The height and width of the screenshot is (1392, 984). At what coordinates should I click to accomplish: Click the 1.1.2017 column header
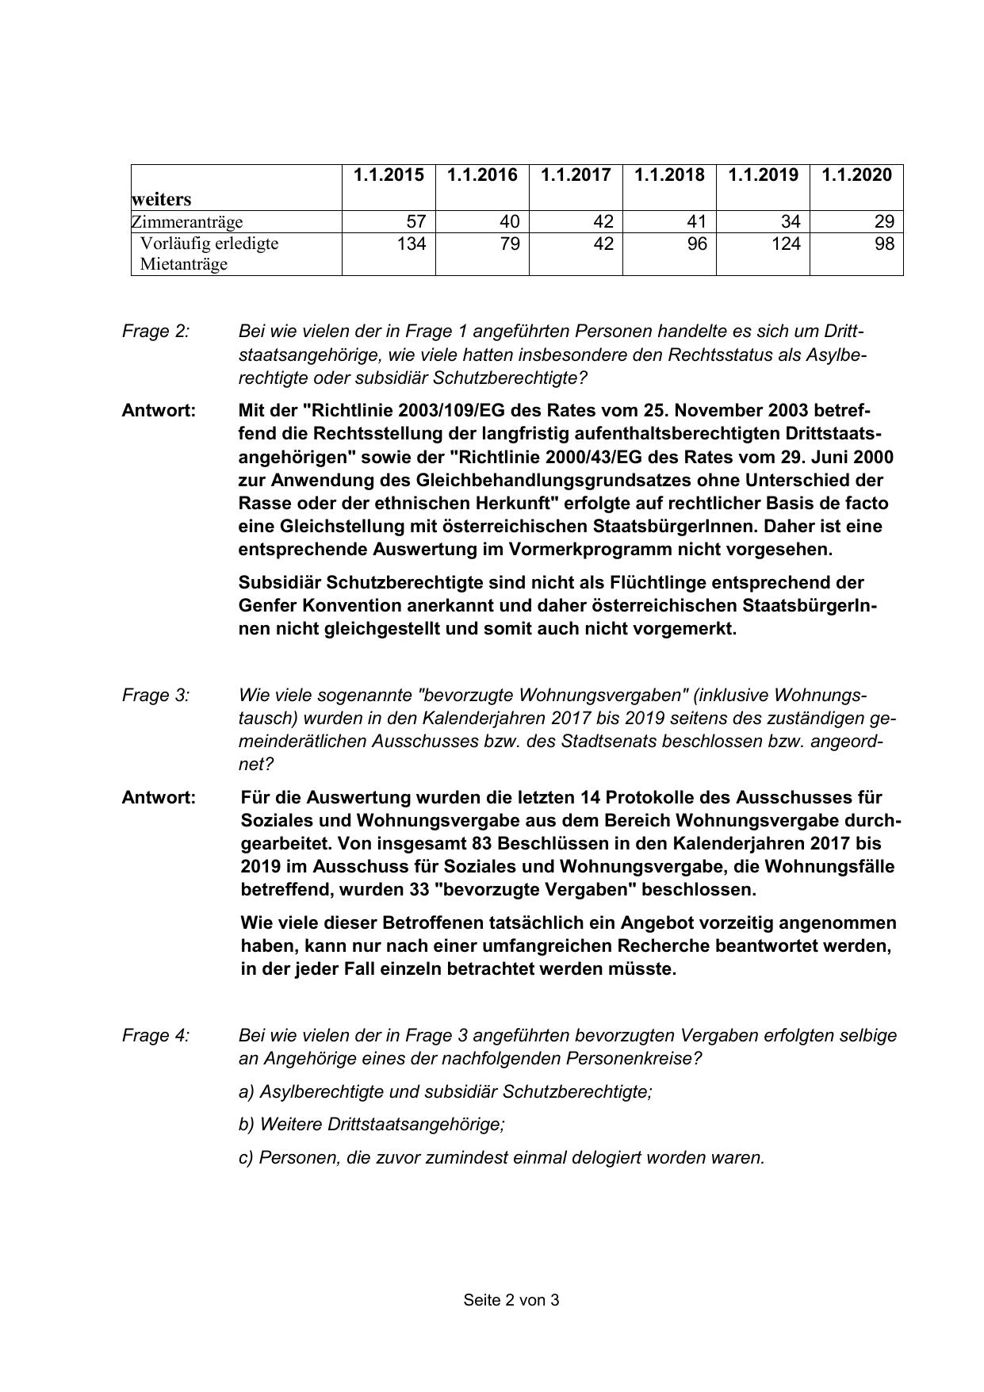(576, 174)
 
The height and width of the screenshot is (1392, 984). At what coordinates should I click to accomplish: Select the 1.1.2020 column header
(856, 174)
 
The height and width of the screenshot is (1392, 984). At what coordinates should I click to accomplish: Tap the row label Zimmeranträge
(187, 221)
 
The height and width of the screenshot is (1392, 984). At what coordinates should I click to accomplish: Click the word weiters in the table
(162, 199)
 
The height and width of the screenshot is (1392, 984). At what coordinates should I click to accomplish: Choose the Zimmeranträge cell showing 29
(884, 221)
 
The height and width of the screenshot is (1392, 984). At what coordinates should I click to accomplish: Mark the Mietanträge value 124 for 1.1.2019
(786, 244)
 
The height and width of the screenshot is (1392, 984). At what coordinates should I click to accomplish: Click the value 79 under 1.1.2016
(510, 244)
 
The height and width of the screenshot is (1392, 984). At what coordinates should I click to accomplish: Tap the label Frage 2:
(155, 332)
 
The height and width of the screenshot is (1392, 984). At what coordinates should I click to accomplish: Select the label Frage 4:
(155, 1035)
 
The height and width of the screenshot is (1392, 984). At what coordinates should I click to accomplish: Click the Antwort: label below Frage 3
(159, 797)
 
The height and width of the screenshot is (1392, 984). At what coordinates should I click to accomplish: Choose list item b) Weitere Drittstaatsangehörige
(371, 1124)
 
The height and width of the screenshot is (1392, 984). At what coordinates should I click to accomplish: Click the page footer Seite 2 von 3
(511, 1300)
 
